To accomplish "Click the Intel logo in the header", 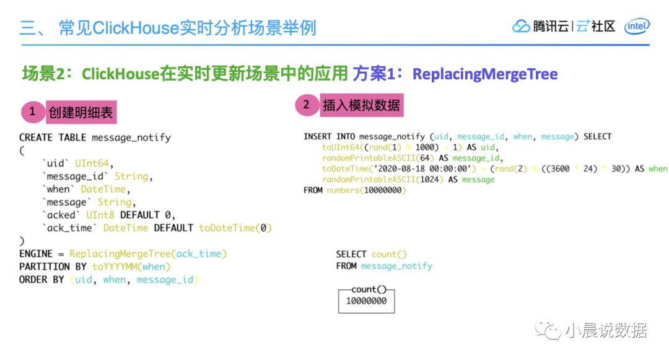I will coord(637,26).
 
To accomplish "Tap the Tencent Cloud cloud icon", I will coord(521,26).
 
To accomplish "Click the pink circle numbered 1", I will coord(33,112).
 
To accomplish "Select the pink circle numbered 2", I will coord(305,105).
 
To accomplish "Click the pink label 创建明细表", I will coord(81,113).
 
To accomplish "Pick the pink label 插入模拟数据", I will coord(361,105).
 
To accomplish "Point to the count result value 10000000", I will coord(366,301).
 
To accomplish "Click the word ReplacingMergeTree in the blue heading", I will coord(485,74).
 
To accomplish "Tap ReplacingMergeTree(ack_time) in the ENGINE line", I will coord(148,254).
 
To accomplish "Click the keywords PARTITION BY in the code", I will coord(53,267).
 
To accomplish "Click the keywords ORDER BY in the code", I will coord(42,280).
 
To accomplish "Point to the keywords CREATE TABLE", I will coord(53,138).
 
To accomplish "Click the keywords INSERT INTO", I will coord(330,136).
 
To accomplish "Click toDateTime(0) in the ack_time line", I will coord(235,228).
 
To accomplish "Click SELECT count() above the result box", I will coord(372,254).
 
